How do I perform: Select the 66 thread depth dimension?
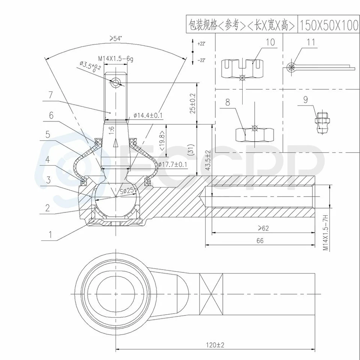260,240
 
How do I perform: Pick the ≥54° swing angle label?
117,38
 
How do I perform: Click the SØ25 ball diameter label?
126,190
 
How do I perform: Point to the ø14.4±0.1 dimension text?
148,115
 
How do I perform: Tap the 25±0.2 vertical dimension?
192,103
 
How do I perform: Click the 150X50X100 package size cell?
328,25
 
